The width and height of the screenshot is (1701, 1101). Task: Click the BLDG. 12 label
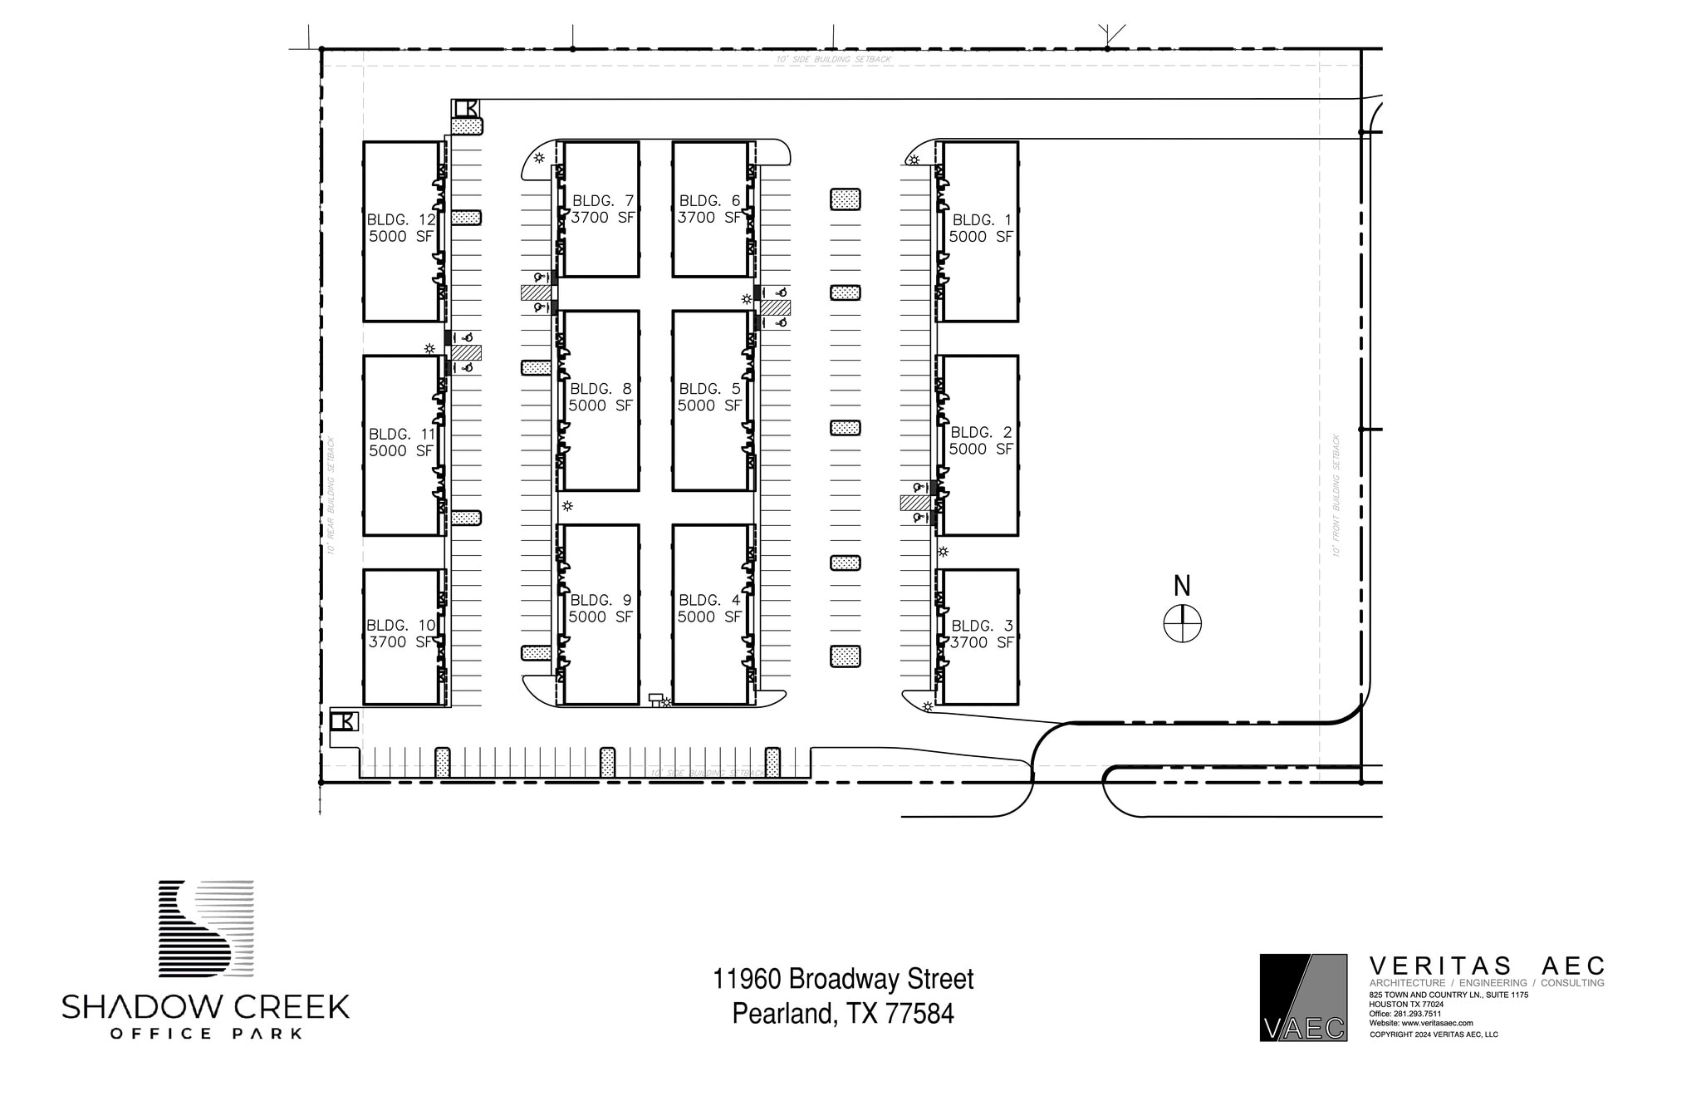tap(401, 229)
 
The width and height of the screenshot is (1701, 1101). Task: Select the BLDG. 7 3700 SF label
tap(602, 209)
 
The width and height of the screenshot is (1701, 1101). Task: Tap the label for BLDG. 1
tap(981, 229)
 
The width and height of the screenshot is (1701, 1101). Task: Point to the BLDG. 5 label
tap(708, 397)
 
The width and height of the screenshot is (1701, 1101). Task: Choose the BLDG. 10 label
tap(401, 634)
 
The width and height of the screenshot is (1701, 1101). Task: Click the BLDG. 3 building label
tap(981, 634)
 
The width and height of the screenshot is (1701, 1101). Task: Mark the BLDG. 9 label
tap(600, 608)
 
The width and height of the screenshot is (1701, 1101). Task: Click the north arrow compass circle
tap(1182, 624)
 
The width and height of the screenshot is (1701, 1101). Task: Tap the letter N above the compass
tap(1182, 587)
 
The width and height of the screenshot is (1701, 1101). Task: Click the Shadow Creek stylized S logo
tap(206, 927)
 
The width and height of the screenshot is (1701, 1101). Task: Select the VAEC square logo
tap(1303, 997)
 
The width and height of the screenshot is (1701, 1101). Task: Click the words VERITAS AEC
tap(1486, 966)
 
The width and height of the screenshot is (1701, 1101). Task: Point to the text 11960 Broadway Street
tap(843, 979)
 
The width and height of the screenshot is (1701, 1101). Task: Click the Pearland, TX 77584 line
tap(843, 1014)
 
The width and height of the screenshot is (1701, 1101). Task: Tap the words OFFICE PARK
tap(206, 1034)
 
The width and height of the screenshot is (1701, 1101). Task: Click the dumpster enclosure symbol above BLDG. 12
tap(466, 108)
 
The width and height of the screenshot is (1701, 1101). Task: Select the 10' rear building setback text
tap(331, 495)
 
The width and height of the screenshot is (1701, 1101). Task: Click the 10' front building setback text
tap(1336, 495)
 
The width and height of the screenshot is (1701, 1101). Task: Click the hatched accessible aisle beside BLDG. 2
tap(914, 503)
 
